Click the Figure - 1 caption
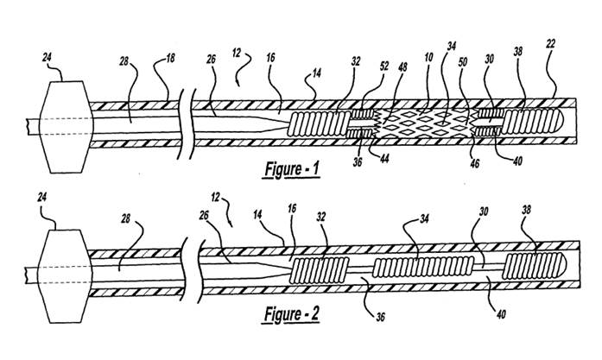292,169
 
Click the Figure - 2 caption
292,314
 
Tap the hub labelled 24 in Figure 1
67,127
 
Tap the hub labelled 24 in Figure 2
66,275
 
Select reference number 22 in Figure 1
550,44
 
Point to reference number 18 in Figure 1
170,59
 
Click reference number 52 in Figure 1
384,66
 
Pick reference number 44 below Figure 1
384,158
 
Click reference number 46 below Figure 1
475,163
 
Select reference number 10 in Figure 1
429,57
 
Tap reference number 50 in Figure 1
463,61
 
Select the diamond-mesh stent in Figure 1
425,123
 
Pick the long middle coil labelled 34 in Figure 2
423,267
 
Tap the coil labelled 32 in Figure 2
320,270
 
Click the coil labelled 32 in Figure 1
320,123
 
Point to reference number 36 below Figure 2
380,317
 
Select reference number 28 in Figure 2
125,219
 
